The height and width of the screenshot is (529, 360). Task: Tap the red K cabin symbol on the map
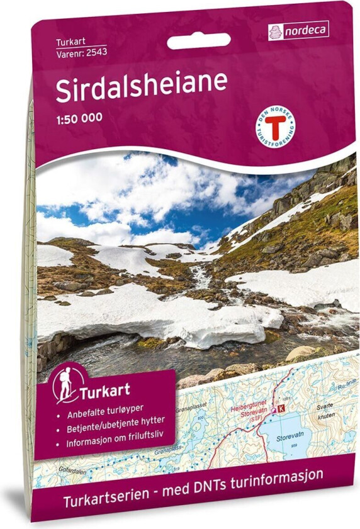281,409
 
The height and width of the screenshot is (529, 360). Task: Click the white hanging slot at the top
199,42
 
